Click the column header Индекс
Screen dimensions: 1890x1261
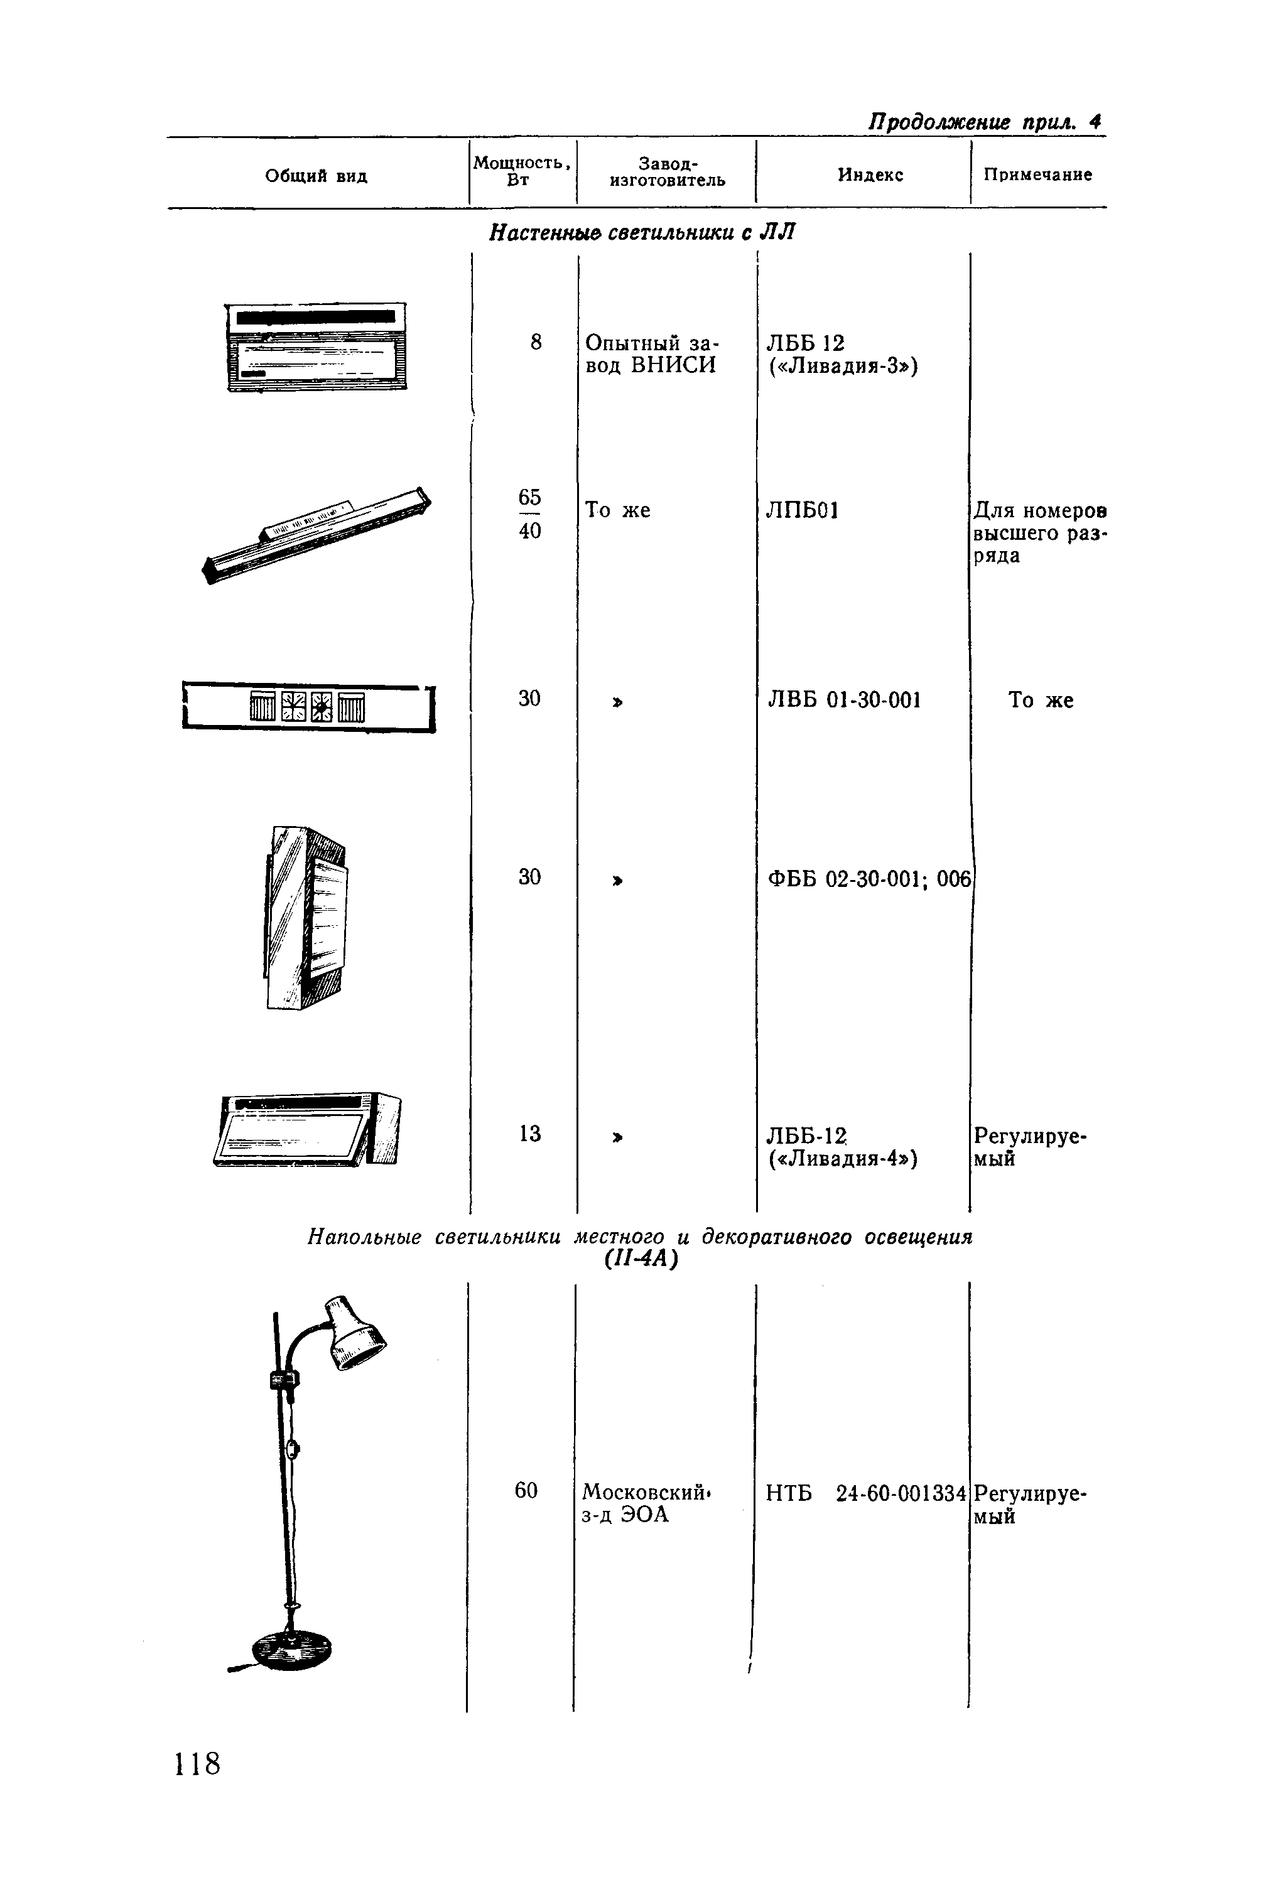870,175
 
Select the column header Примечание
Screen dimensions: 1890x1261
1038,175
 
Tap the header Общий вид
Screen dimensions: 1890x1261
316,176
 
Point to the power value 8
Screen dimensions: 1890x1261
536,343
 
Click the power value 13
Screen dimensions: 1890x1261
530,1134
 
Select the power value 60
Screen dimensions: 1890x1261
526,1490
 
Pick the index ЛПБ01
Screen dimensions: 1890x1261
803,510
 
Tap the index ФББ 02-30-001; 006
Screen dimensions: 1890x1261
869,879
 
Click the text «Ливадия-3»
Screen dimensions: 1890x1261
843,366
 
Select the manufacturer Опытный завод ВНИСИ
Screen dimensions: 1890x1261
651,354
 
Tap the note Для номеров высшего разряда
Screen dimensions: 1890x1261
1039,533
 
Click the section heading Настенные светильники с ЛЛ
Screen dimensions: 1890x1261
642,232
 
